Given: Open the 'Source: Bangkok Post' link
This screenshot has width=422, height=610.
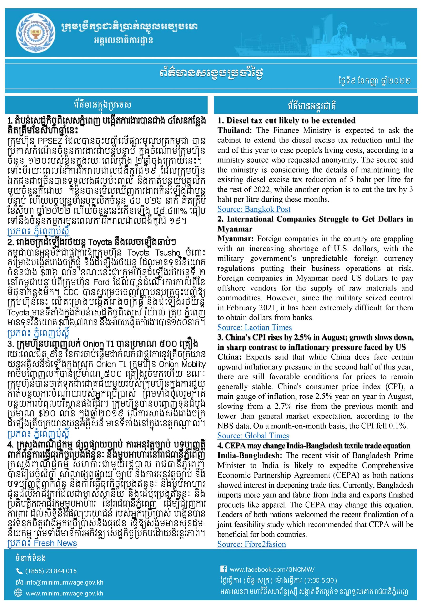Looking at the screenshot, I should coord(254,209).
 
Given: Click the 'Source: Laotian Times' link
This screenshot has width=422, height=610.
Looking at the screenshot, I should coord(254,327).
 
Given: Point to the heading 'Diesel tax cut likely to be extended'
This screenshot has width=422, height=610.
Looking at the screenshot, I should coord(286,121).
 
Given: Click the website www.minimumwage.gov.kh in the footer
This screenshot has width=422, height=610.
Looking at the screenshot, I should coord(64,593).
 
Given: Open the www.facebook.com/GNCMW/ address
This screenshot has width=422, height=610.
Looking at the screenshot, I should coord(272,569).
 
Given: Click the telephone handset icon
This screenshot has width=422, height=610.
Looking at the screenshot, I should coord(19,571).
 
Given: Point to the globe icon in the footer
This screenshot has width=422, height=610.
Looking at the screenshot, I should coord(19,593).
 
